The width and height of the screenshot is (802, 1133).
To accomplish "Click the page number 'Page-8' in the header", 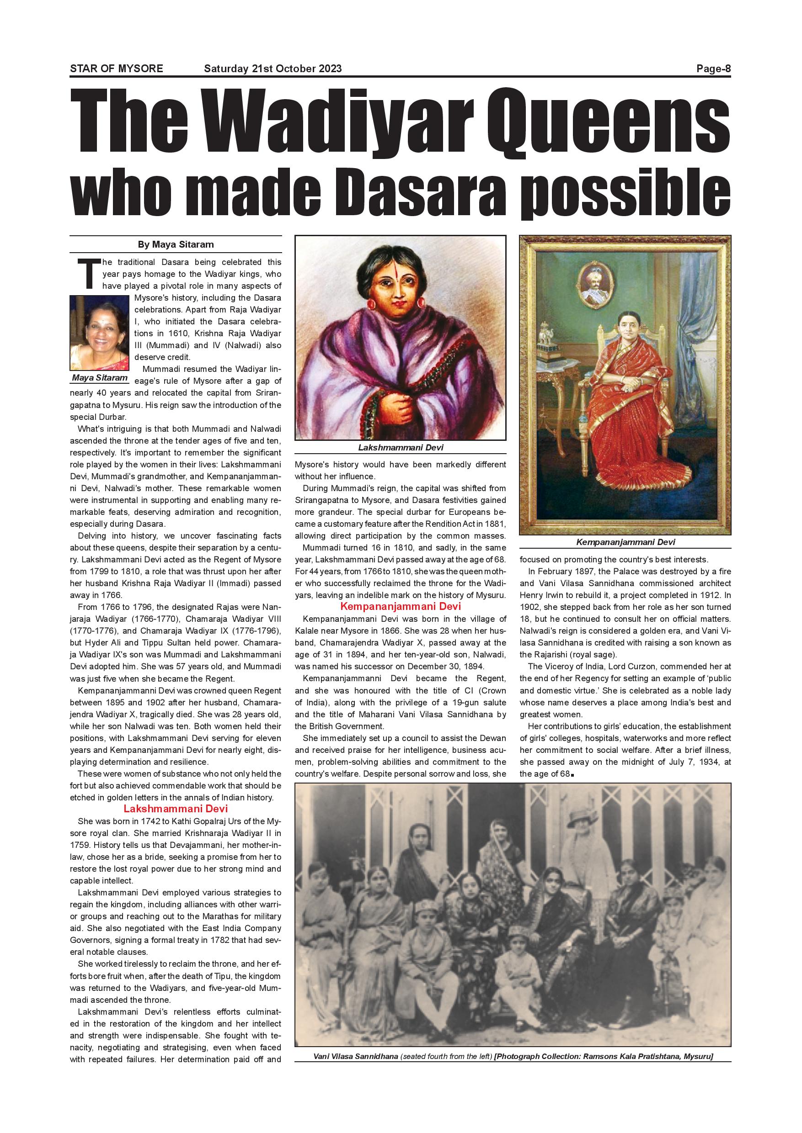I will pyautogui.click(x=713, y=69).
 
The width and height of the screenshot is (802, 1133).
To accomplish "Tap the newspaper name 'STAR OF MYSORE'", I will pyautogui.click(x=117, y=69).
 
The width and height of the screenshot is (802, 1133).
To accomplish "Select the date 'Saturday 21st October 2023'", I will pyautogui.click(x=273, y=69).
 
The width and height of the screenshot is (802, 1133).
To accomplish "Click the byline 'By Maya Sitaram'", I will pyautogui.click(x=175, y=244).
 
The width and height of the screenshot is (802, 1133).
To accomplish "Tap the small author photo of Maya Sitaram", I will pyautogui.click(x=99, y=332).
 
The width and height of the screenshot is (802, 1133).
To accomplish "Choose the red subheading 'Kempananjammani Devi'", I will pyautogui.click(x=400, y=606).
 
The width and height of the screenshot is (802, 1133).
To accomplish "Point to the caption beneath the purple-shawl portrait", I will pyautogui.click(x=401, y=448).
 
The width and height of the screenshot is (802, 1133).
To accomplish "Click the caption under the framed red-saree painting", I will pyautogui.click(x=625, y=542).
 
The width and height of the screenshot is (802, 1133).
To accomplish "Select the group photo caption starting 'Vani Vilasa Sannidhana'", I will pyautogui.click(x=513, y=1056).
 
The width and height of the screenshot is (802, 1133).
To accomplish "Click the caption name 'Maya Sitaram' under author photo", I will pyautogui.click(x=99, y=377).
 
